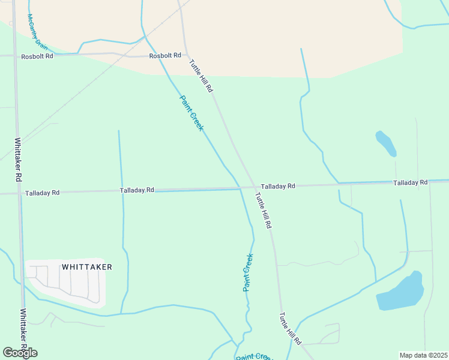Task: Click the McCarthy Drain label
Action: point(37,32)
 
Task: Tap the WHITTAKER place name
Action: point(87,266)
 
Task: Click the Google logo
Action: point(20,352)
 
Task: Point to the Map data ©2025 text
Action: point(423,355)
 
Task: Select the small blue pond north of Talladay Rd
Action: point(385,143)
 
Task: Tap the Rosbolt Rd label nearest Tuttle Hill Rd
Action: point(165,55)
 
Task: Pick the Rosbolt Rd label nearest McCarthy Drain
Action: point(37,56)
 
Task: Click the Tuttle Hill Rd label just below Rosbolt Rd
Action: point(201,75)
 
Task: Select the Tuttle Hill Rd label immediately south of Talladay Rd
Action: point(264,210)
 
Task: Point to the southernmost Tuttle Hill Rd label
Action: point(290,328)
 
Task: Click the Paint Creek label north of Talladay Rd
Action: point(191,113)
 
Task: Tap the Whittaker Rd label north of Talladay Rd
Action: point(18,160)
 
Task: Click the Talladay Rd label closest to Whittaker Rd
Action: point(42,193)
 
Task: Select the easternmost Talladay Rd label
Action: point(410,182)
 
